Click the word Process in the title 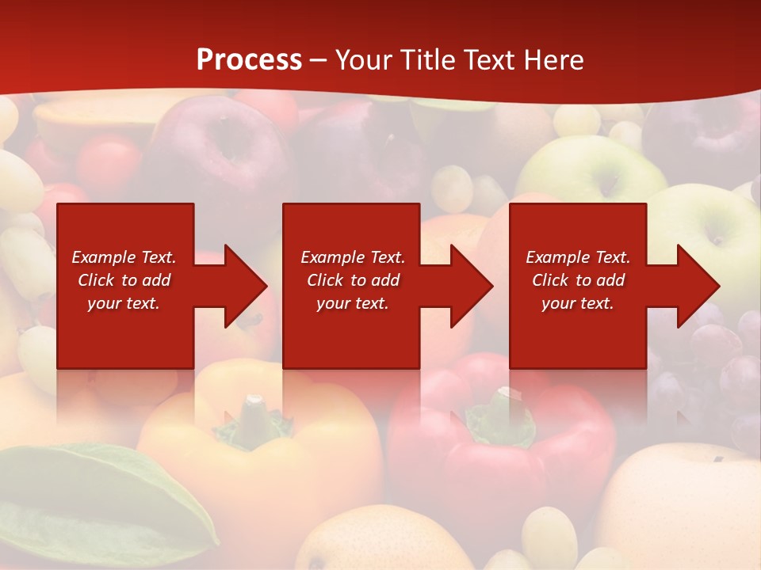pyautogui.click(x=249, y=60)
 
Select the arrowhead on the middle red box pyautogui.click(x=470, y=286)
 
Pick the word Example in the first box pyautogui.click(x=104, y=257)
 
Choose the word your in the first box pyautogui.click(x=104, y=303)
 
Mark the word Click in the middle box pyautogui.click(x=325, y=280)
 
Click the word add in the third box pyautogui.click(x=610, y=280)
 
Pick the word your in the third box pyautogui.click(x=558, y=303)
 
